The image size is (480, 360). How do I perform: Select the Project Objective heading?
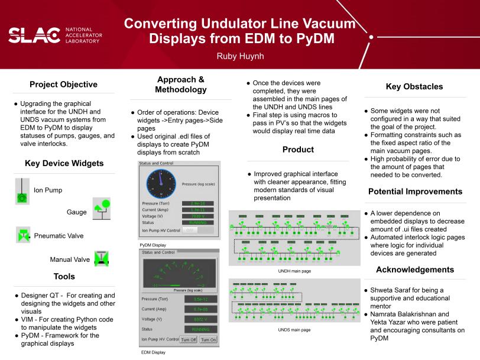tap(63, 85)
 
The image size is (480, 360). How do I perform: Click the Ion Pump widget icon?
tap(22, 192)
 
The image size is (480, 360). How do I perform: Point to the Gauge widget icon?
tap(102, 209)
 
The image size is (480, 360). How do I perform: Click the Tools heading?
tap(64, 276)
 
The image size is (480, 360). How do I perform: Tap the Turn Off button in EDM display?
tap(189, 340)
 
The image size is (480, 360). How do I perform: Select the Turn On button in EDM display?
tap(208, 340)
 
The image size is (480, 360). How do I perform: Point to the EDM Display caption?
tap(152, 352)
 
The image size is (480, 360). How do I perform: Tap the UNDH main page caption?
tap(294, 271)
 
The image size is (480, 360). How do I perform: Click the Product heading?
tap(298, 150)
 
